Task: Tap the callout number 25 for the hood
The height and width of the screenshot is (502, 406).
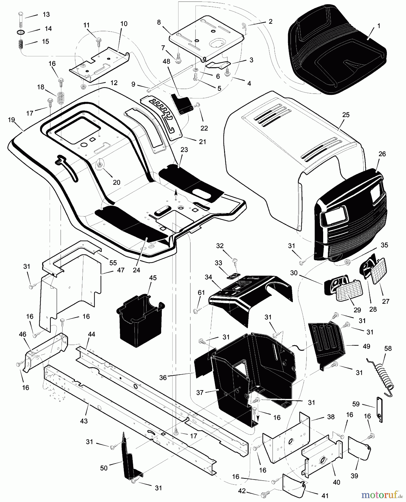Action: (x=346, y=115)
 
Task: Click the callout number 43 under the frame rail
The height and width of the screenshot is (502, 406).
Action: (x=84, y=421)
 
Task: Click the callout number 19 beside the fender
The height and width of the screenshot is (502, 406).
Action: (x=11, y=120)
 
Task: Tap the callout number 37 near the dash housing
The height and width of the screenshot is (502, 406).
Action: (x=200, y=392)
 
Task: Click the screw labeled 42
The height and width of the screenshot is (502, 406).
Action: (x=264, y=495)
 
